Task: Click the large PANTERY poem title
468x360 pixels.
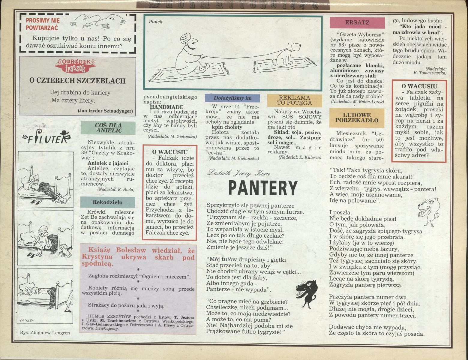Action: (x=262, y=188)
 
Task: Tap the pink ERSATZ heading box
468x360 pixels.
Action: (x=357, y=23)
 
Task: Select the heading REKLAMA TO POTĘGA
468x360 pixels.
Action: (x=294, y=100)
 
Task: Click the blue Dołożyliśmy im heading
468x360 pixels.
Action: (x=232, y=98)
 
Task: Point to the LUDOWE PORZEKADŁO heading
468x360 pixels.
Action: (x=357, y=118)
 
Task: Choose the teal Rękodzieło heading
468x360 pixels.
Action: (x=107, y=202)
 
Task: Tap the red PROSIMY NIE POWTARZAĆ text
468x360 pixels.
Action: (x=43, y=24)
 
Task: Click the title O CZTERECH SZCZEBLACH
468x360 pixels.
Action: (x=77, y=81)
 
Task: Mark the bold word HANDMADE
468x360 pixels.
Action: (x=166, y=107)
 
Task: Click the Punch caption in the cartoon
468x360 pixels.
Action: (x=155, y=22)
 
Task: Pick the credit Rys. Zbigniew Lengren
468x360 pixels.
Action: (x=45, y=333)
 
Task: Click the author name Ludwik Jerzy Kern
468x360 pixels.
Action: (x=238, y=173)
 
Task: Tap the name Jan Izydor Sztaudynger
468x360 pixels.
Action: (x=105, y=111)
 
